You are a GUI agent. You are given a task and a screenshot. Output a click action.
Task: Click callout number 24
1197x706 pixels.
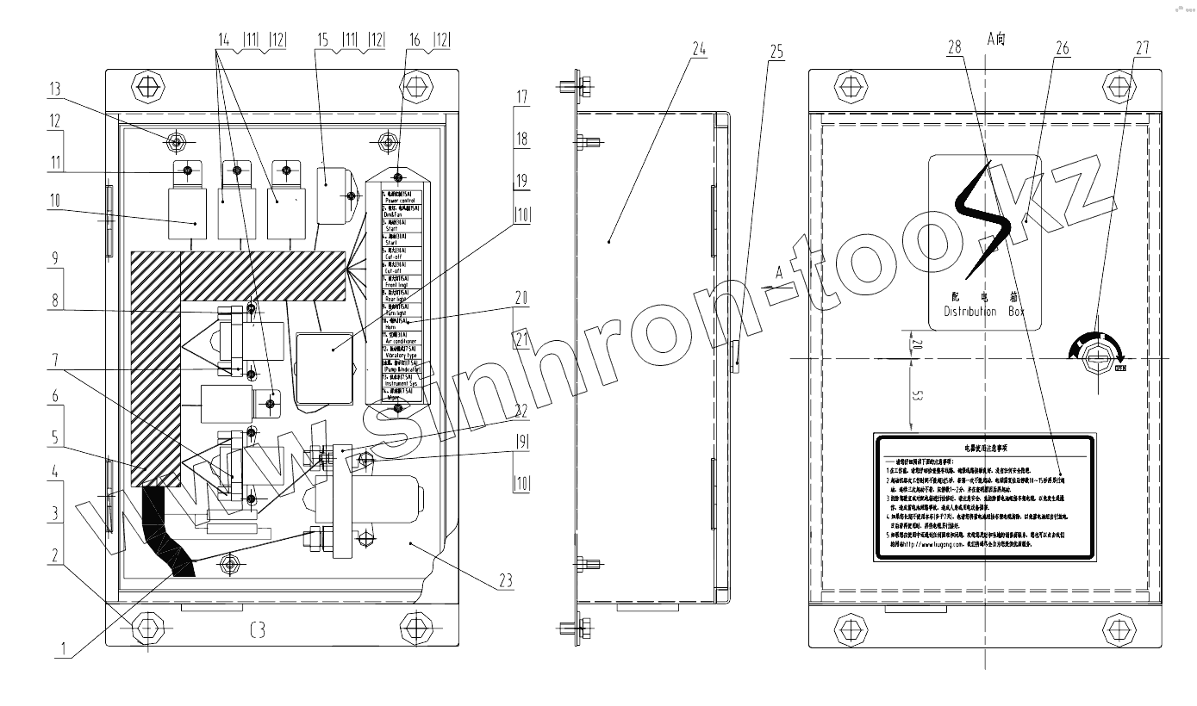[x=698, y=49]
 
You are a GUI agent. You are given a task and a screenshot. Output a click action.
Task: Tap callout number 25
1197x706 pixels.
[x=776, y=52]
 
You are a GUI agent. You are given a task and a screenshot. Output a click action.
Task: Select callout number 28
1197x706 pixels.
[x=954, y=48]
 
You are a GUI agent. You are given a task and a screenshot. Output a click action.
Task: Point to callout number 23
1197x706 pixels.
[x=504, y=581]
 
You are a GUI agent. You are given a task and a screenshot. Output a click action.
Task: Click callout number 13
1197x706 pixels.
[x=56, y=89]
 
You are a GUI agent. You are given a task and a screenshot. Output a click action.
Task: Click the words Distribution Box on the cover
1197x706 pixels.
[x=984, y=312]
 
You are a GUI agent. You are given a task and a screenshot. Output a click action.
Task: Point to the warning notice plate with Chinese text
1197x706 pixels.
[x=984, y=499]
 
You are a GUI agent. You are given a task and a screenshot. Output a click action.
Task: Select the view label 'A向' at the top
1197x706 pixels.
[x=996, y=38]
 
